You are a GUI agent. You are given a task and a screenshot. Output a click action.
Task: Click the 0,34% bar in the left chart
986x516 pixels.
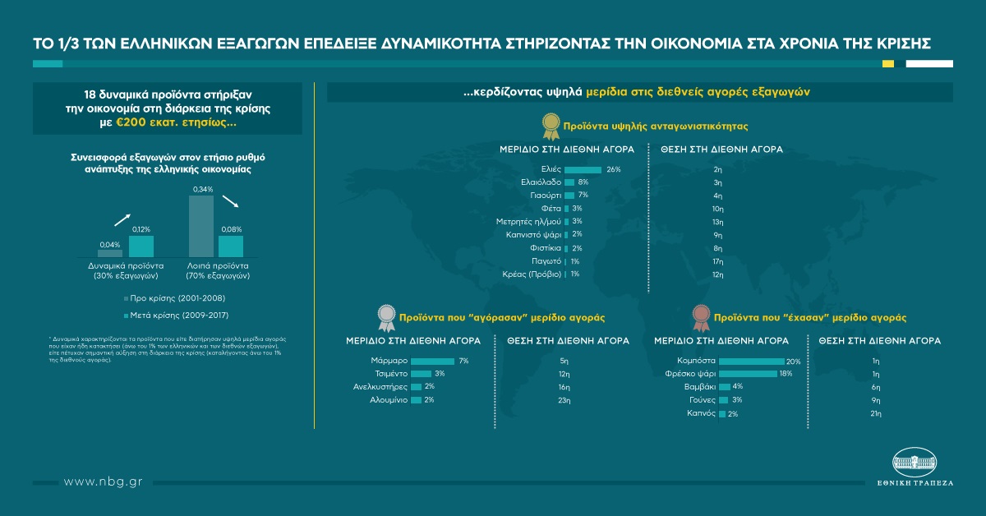[202, 226]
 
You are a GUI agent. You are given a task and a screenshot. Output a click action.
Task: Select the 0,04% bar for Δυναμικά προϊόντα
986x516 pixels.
[109, 253]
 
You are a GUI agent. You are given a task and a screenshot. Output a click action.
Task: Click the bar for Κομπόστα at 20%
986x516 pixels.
[751, 362]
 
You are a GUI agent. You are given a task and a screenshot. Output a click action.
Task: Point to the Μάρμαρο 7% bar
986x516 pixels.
[431, 362]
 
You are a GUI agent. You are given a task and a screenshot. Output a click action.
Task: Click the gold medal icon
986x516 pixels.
[549, 126]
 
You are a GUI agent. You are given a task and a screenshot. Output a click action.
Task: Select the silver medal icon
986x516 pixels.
[385, 316]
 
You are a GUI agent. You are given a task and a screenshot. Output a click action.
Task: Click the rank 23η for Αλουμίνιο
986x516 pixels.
[564, 400]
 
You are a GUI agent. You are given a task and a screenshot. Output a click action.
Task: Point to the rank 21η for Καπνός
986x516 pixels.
[876, 413]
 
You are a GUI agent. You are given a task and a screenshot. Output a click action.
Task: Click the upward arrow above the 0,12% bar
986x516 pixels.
[122, 219]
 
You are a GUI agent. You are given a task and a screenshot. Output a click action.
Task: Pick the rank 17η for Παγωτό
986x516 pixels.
[717, 260]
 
